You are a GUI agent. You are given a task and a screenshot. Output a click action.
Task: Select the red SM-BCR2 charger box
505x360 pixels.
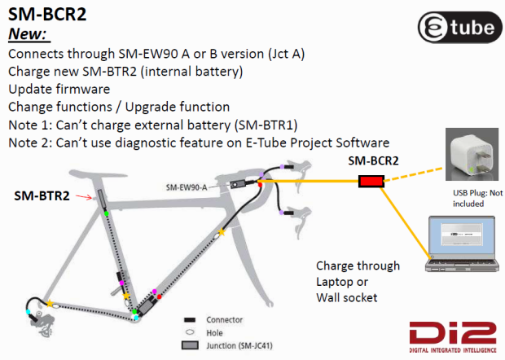(372, 180)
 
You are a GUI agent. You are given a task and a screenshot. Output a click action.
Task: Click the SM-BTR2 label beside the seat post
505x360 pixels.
(42, 196)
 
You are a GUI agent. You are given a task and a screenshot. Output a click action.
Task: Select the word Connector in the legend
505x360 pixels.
(225, 320)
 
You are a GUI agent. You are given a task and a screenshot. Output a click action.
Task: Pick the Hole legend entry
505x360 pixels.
(214, 332)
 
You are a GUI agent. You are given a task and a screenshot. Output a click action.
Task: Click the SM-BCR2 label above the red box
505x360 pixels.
(373, 161)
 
